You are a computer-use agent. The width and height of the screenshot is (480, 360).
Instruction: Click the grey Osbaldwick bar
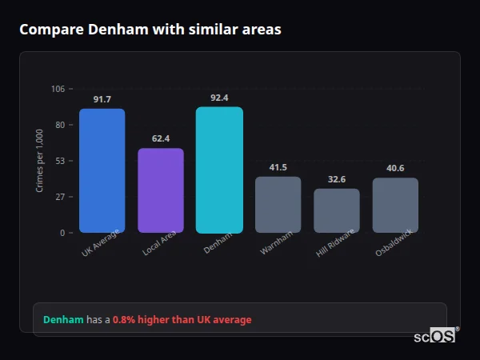(x=395, y=206)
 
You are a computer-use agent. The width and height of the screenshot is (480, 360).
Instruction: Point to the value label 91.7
(x=102, y=99)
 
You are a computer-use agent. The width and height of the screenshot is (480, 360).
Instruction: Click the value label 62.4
(x=160, y=138)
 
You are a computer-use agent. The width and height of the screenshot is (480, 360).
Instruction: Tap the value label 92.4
(x=219, y=98)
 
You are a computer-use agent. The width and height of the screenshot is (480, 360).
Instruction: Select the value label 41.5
(x=278, y=167)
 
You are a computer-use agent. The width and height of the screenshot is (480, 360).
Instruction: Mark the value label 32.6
(x=336, y=179)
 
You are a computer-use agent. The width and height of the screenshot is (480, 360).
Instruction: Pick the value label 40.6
(x=395, y=168)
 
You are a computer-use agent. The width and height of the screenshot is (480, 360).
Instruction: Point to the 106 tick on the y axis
(x=58, y=89)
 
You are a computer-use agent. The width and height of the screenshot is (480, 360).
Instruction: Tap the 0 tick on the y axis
(x=62, y=233)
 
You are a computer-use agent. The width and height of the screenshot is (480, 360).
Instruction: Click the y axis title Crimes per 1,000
(x=40, y=161)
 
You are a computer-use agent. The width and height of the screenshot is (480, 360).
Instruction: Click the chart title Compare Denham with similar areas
(x=150, y=30)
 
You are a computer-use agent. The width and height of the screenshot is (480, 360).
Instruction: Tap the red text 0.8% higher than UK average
(x=182, y=320)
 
